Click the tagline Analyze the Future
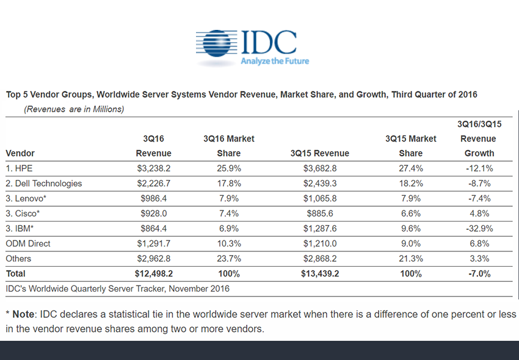click(275, 61)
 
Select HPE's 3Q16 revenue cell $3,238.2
click(153, 168)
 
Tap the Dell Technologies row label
click(43, 183)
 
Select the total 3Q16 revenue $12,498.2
click(153, 273)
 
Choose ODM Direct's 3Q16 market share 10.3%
click(228, 243)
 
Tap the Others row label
click(19, 258)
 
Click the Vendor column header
click(20, 153)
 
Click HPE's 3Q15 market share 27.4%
click(410, 168)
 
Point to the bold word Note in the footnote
click(24, 314)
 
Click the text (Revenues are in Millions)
click(74, 109)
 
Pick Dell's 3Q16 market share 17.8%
click(228, 183)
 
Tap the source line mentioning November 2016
click(118, 288)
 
